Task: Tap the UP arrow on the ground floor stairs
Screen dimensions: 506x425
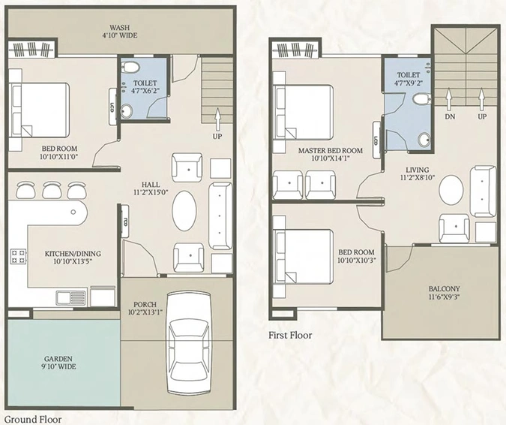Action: (218, 119)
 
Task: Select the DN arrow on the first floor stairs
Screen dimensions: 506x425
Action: (449, 98)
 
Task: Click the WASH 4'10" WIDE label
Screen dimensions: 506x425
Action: (120, 32)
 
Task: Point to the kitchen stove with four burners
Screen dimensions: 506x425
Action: (19, 256)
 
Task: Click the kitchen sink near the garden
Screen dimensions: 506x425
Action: (71, 297)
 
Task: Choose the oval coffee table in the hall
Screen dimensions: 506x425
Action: (184, 211)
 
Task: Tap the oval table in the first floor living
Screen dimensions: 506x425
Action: (451, 190)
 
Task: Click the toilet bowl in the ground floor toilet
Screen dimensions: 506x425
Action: (130, 67)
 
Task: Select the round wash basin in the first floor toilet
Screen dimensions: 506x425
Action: (424, 140)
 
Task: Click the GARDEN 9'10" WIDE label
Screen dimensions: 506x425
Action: (58, 363)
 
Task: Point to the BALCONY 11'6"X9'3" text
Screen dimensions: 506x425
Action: (444, 293)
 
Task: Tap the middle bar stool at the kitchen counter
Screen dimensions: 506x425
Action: (52, 190)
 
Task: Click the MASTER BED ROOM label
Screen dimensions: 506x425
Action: (330, 150)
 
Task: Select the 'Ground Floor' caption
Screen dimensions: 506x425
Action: (33, 420)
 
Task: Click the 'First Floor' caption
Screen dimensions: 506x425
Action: (290, 335)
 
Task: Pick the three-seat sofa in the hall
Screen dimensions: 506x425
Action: (220, 216)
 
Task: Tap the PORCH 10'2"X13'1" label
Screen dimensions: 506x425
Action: (145, 309)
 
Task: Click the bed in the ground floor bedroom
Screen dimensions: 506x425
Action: (40, 110)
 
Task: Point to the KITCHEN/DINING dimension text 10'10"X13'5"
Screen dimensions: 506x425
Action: (73, 261)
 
